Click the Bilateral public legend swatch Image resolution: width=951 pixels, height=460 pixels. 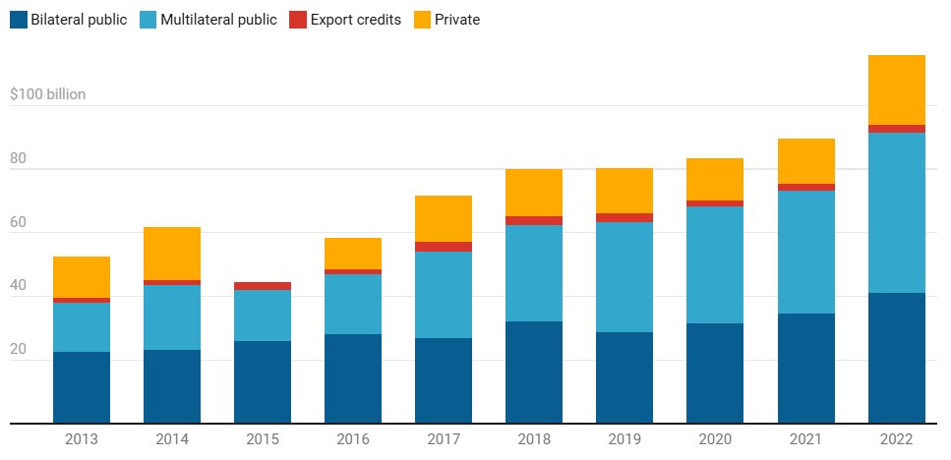(x=19, y=19)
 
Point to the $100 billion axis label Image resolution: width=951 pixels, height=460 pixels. (x=47, y=95)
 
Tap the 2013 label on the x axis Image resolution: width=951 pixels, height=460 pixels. (x=82, y=439)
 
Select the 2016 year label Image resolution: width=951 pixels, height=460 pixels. (x=353, y=439)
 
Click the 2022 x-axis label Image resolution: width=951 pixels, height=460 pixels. (x=896, y=439)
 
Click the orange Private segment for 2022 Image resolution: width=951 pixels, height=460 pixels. (x=896, y=89)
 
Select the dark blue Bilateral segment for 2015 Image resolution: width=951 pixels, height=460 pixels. (x=263, y=381)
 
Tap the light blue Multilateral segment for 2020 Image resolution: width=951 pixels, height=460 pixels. (x=715, y=264)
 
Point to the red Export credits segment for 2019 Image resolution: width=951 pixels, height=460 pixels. (x=624, y=217)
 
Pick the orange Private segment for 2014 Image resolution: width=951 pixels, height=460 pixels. (x=172, y=254)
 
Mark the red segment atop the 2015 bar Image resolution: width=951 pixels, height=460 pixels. (x=263, y=286)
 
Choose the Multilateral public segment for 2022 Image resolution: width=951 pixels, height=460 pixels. (x=896, y=212)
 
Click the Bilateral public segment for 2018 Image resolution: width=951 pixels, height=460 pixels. (x=534, y=372)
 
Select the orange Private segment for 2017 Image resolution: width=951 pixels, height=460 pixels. (x=444, y=218)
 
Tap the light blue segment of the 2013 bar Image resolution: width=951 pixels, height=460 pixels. (x=82, y=326)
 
